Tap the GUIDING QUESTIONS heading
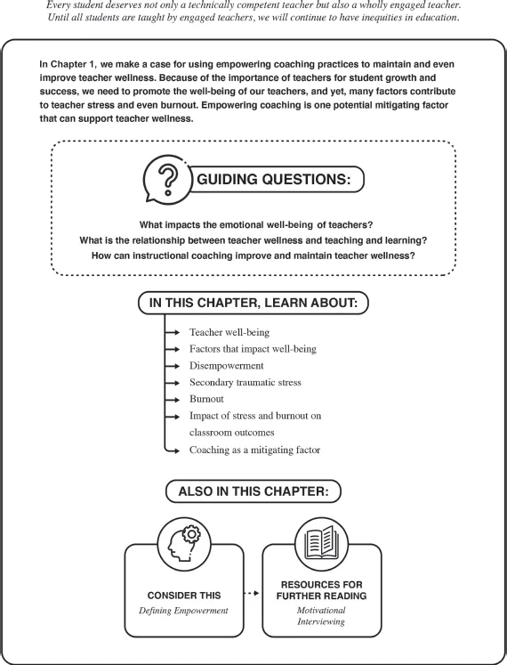280,179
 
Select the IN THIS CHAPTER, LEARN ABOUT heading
253,303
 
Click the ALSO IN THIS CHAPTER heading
253,491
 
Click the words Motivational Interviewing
322,616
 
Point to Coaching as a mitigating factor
255,450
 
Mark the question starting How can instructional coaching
253,256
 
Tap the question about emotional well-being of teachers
253,224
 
